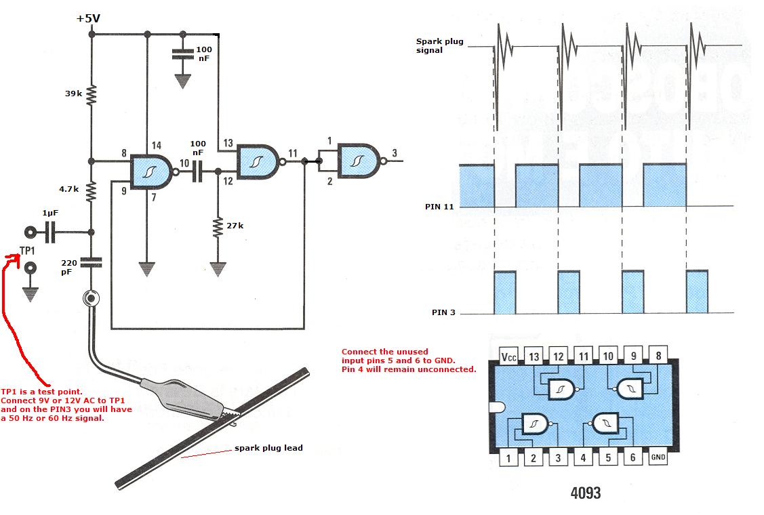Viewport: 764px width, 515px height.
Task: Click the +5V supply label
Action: pos(89,18)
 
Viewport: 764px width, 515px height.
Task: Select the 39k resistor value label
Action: pos(74,94)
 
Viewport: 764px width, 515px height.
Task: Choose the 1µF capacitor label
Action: pos(50,213)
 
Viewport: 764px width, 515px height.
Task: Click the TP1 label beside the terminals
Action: pos(28,251)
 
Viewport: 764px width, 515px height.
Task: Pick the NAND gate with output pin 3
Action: pos(359,161)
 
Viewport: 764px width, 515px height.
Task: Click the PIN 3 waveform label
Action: pos(445,312)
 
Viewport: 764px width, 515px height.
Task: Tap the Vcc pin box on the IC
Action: pos(508,357)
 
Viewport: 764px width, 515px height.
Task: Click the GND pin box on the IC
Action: pos(658,457)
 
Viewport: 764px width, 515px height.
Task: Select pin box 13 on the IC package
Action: pos(534,357)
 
